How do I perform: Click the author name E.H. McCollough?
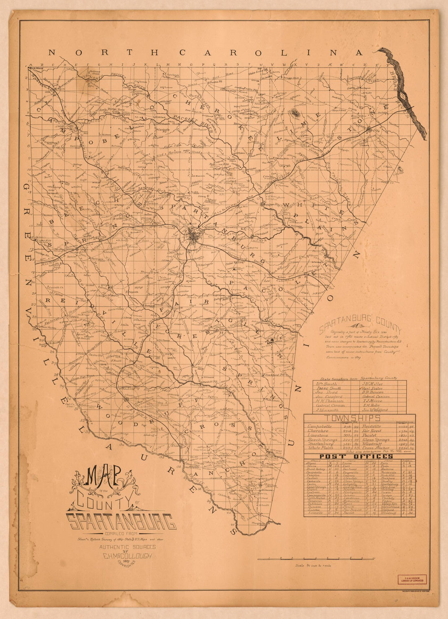[x=127, y=556]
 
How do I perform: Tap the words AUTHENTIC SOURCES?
[x=127, y=547]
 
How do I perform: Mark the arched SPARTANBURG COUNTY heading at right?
[x=360, y=326]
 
